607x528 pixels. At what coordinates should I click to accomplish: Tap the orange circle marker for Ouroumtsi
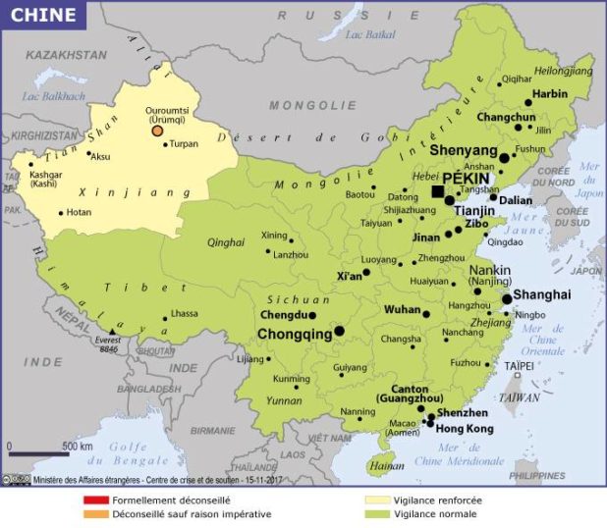[156, 130]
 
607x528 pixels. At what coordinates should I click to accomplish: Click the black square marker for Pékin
[438, 190]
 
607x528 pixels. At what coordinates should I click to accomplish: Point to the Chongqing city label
[295, 334]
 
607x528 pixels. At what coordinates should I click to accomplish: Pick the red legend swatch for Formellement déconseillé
[95, 500]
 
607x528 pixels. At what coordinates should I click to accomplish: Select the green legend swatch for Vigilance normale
[376, 513]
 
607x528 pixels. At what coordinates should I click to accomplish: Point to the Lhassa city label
[184, 314]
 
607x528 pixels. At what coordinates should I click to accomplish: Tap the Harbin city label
[550, 94]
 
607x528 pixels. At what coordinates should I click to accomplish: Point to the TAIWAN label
[520, 397]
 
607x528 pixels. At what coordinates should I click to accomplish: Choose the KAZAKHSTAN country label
[67, 56]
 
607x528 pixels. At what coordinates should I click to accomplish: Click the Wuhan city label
[401, 309]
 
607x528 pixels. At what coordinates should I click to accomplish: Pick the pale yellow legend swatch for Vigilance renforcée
[376, 500]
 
